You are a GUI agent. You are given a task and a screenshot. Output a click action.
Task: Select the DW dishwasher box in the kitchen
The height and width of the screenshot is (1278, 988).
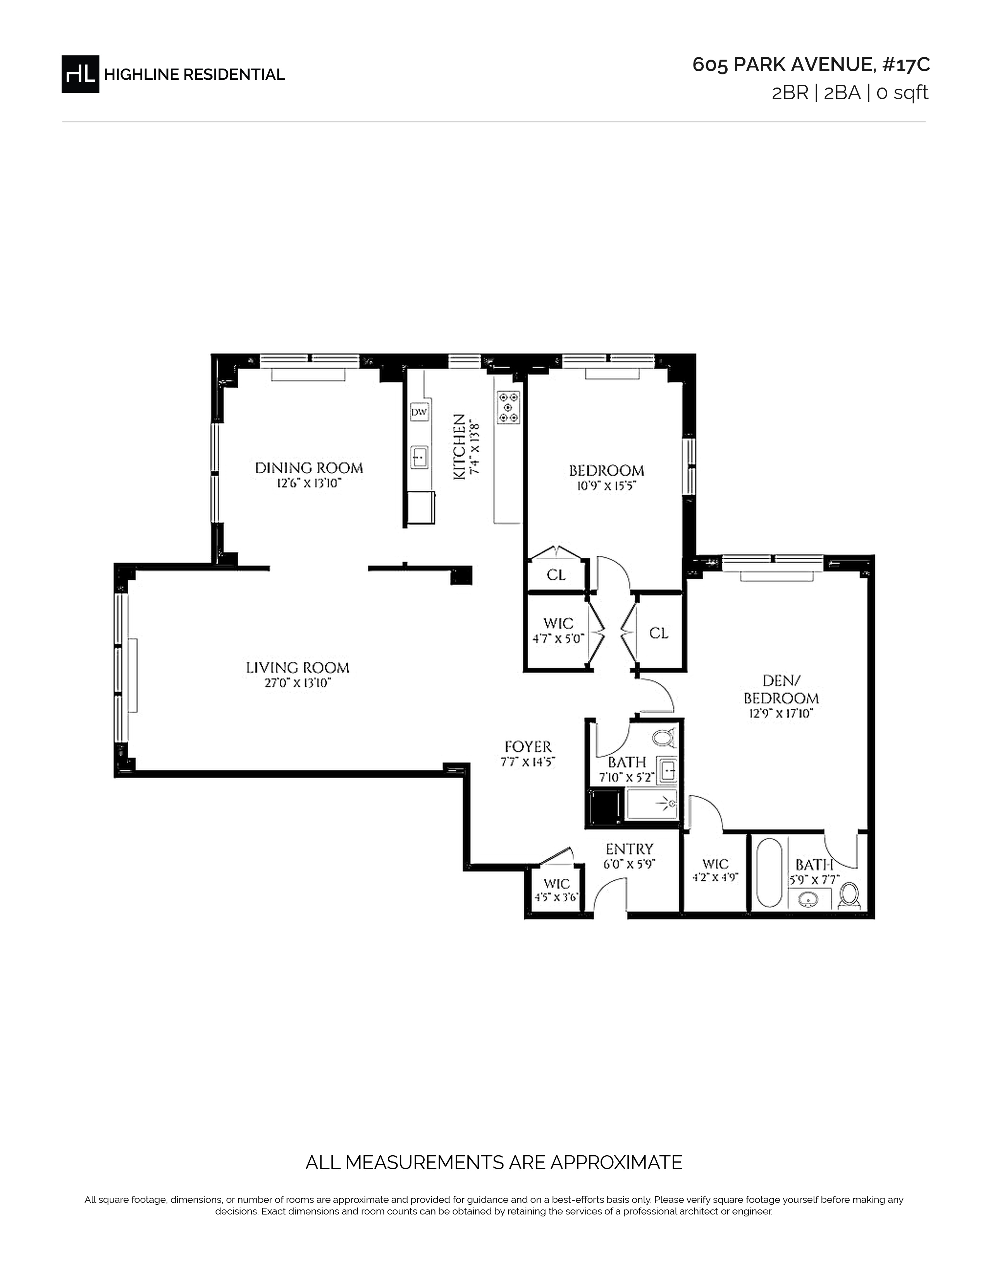coord(419,412)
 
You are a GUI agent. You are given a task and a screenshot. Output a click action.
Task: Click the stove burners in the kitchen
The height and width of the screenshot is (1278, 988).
coord(508,407)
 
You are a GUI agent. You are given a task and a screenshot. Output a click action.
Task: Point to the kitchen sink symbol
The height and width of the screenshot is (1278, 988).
coord(419,457)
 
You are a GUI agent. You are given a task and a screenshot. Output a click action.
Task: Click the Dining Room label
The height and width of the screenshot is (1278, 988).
coord(308,468)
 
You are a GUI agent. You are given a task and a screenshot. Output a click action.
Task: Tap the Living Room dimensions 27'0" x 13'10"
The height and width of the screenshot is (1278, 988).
coord(298,683)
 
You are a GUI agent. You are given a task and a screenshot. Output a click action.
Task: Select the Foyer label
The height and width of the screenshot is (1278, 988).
coord(528,747)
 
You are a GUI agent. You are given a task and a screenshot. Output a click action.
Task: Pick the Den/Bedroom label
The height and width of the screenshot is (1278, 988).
coord(781,689)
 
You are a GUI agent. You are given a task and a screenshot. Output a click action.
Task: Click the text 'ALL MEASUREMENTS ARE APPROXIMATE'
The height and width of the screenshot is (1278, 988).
coord(493,1163)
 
